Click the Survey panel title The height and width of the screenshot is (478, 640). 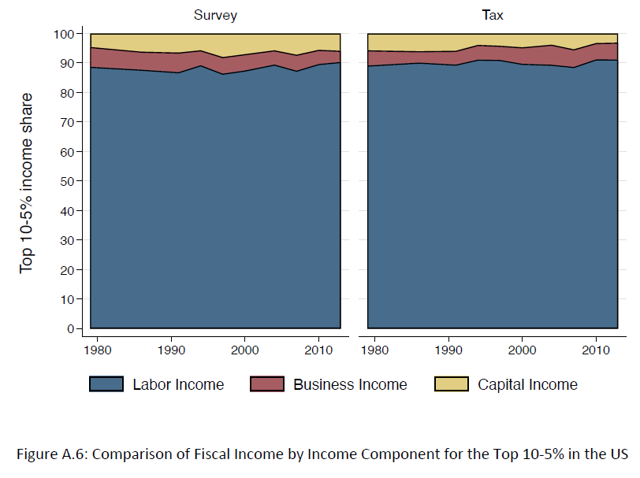pos(215,16)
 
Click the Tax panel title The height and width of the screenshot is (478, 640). pos(493,16)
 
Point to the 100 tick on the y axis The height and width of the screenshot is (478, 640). pos(63,34)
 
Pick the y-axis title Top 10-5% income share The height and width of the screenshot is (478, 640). pos(28,182)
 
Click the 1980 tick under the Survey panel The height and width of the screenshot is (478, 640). pos(95,349)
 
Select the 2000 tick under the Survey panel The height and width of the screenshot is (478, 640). pos(244,349)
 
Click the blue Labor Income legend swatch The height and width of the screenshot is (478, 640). pos(106,384)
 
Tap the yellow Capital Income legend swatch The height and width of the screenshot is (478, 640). pos(452,384)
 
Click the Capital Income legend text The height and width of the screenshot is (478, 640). pos(527,384)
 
